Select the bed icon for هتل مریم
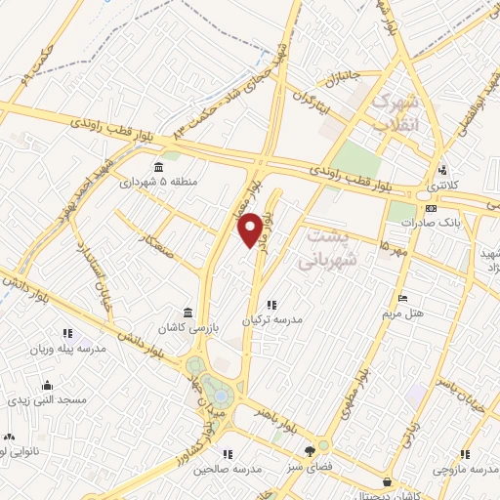(402, 299)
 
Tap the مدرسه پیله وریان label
(66, 349)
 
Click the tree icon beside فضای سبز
(310, 451)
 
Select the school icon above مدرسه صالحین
(228, 453)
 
